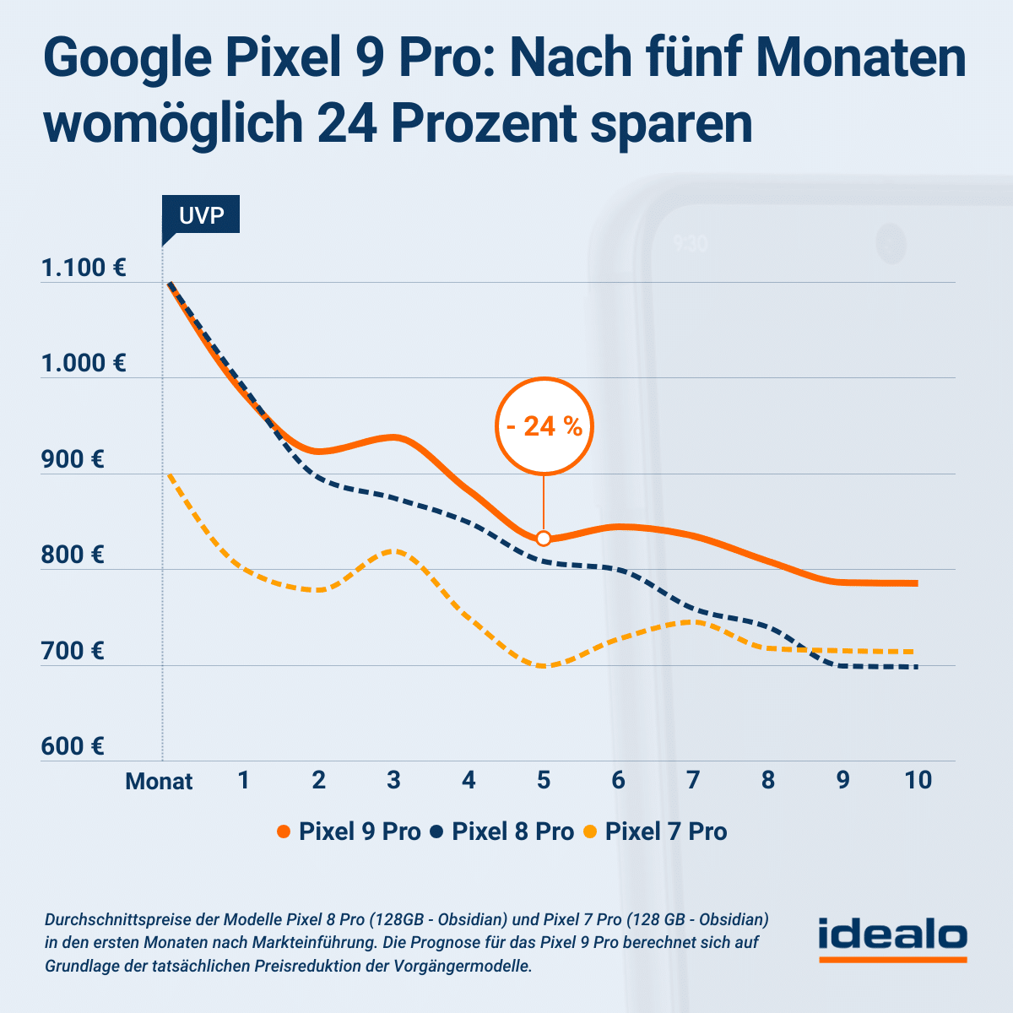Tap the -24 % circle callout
(544, 426)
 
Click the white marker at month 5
(544, 539)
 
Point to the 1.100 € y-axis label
(84, 268)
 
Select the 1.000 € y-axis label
(84, 364)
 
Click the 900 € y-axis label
(73, 460)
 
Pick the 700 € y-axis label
(73, 651)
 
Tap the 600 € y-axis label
(73, 746)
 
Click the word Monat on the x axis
(159, 781)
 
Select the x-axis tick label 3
(393, 780)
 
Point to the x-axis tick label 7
(693, 780)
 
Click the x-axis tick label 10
(918, 780)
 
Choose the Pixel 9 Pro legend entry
(349, 832)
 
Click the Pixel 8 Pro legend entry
(503, 832)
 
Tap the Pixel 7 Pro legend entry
(656, 832)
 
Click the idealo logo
(892, 938)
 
